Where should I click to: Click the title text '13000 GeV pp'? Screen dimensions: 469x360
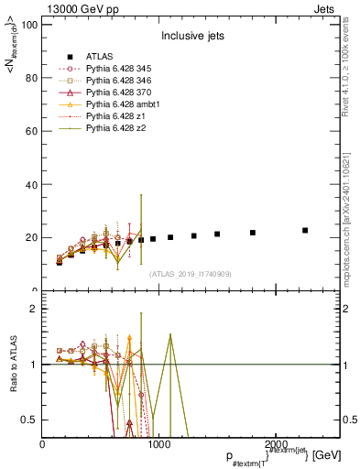(x=79, y=8)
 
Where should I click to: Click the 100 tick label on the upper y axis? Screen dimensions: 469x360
(x=28, y=25)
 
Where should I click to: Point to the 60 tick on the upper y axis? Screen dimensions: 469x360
(x=31, y=131)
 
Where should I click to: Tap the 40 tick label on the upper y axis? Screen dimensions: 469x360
(x=31, y=184)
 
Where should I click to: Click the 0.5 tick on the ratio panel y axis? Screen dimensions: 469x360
(x=29, y=420)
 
